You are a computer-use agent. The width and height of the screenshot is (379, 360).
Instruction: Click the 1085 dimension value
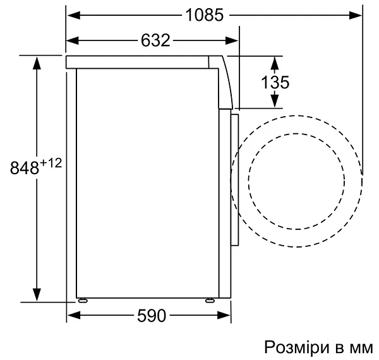(205, 15)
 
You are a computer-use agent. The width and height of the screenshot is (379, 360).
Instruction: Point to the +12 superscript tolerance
(51, 164)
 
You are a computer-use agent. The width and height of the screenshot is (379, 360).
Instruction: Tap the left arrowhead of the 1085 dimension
(72, 15)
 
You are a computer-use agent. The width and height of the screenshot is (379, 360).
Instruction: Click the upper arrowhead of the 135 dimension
(275, 61)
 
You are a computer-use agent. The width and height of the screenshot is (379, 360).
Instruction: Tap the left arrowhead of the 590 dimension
(72, 315)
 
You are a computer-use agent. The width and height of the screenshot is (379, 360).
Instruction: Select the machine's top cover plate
(139, 62)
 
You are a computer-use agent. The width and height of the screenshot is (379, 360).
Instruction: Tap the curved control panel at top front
(224, 79)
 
